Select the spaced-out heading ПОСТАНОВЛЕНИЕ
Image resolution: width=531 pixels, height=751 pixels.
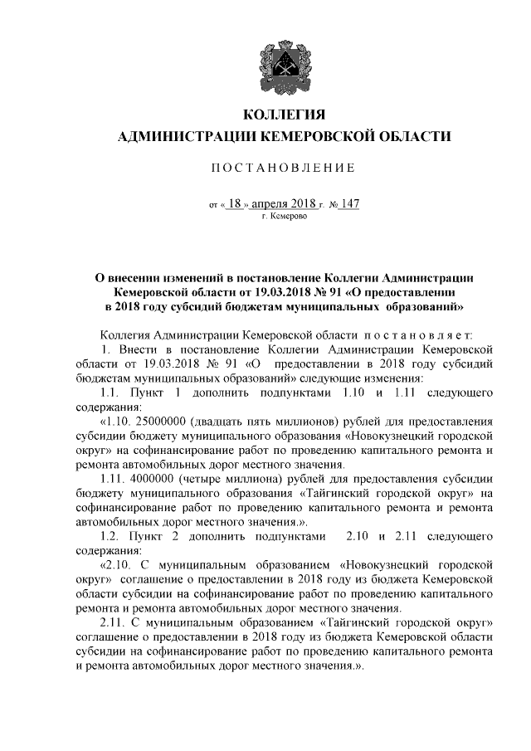(x=281, y=168)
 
